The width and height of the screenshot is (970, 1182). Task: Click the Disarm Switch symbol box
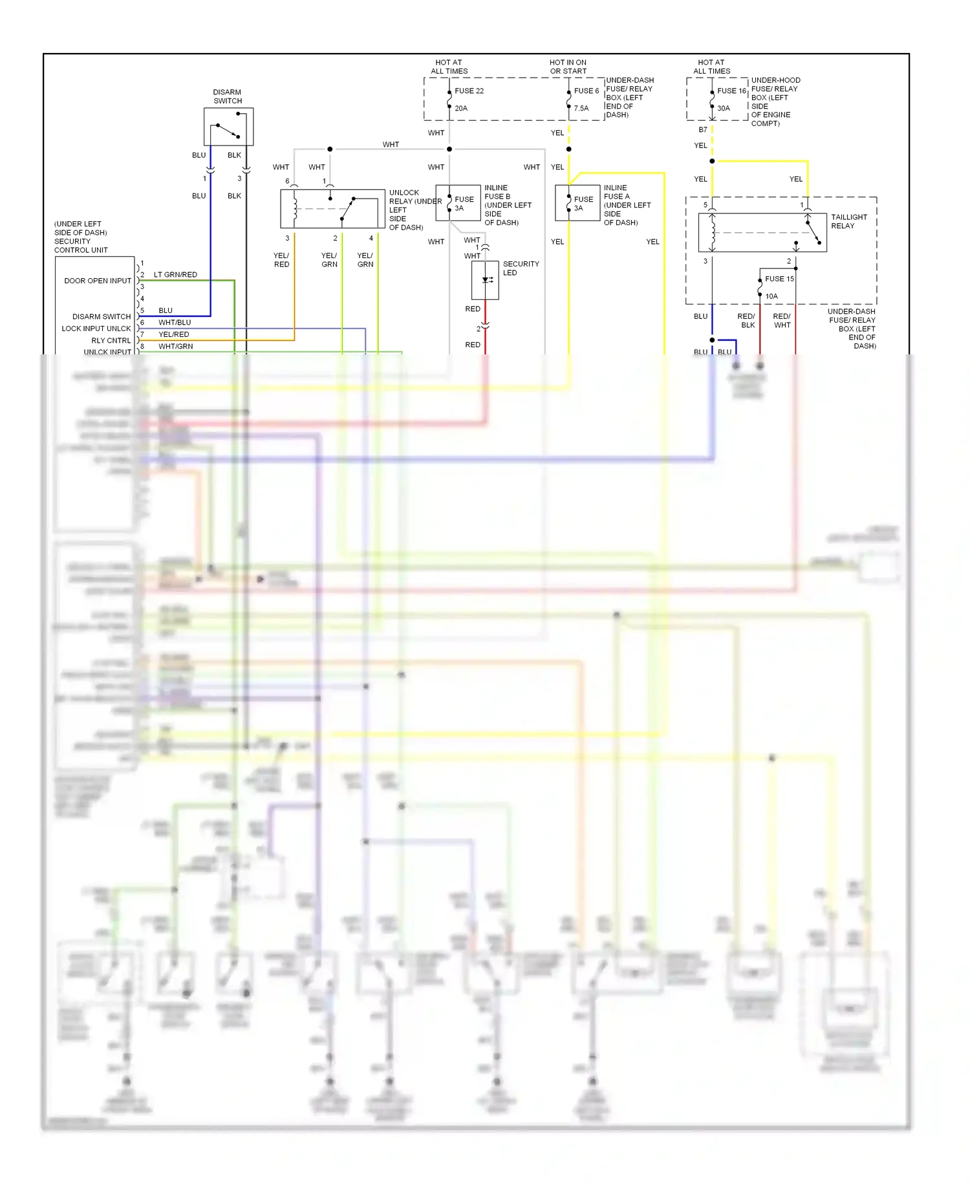tap(228, 127)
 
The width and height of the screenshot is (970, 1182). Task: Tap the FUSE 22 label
tap(469, 91)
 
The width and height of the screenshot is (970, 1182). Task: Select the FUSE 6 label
tap(586, 91)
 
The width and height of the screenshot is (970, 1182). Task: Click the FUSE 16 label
tap(731, 91)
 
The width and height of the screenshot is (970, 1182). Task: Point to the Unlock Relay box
tap(332, 209)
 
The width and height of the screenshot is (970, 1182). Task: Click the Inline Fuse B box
tap(458, 203)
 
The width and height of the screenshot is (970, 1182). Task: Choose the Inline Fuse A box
tap(577, 203)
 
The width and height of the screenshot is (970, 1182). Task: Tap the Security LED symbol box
tap(485, 280)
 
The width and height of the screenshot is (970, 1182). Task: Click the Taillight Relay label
tap(848, 222)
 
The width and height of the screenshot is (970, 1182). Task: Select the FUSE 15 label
tap(779, 279)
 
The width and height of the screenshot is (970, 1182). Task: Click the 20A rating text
tap(461, 109)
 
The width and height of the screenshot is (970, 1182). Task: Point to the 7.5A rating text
tap(581, 109)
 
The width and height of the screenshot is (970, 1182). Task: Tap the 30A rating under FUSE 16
tap(724, 109)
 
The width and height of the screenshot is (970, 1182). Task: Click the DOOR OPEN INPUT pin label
tap(98, 281)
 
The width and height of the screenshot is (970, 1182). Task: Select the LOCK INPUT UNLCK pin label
tap(96, 328)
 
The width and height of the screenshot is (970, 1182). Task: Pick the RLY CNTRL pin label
tap(111, 341)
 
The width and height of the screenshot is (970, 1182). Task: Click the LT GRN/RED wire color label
tap(175, 275)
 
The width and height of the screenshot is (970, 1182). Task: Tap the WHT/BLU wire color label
tap(175, 323)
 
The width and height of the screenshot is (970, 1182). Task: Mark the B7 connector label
tap(703, 130)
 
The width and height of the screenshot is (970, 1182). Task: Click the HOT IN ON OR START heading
tap(568, 67)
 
